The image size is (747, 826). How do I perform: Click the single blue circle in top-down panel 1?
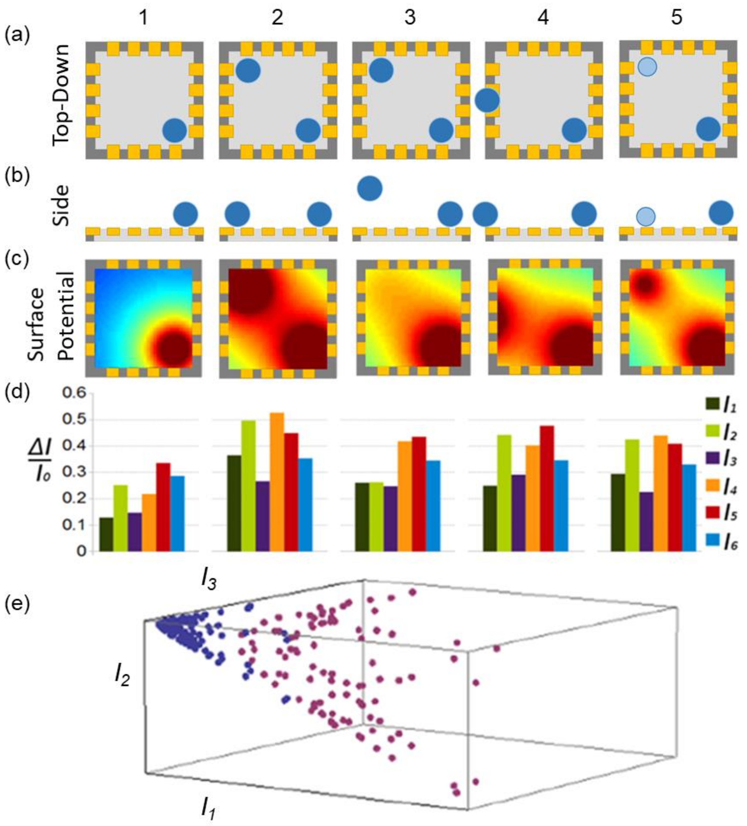point(175,131)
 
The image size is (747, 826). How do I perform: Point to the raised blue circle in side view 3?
point(370,188)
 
